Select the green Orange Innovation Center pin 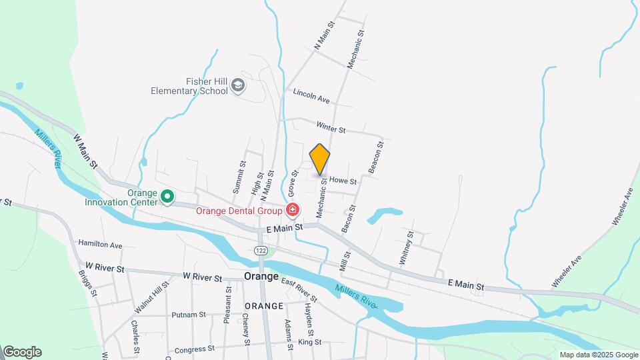pyautogui.click(x=168, y=197)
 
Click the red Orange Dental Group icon pyautogui.click(x=292, y=211)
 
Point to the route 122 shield pyautogui.click(x=261, y=249)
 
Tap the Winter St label pyautogui.click(x=331, y=126)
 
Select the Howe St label pyautogui.click(x=343, y=181)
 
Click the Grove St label pyautogui.click(x=293, y=183)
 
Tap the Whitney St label pyautogui.click(x=406, y=249)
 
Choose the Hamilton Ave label pyautogui.click(x=100, y=245)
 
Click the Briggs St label pyautogui.click(x=87, y=283)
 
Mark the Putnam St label pyautogui.click(x=188, y=315)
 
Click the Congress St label pyautogui.click(x=194, y=349)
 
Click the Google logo pyautogui.click(x=22, y=352)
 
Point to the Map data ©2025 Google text pyautogui.click(x=597, y=355)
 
